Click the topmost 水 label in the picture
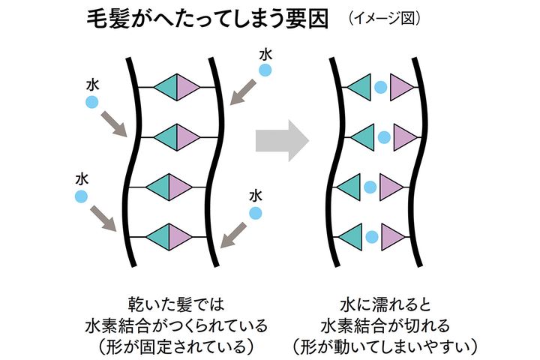(265, 54)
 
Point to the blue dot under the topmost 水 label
(265, 70)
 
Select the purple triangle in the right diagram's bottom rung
(394, 238)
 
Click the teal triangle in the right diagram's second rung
(363, 137)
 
